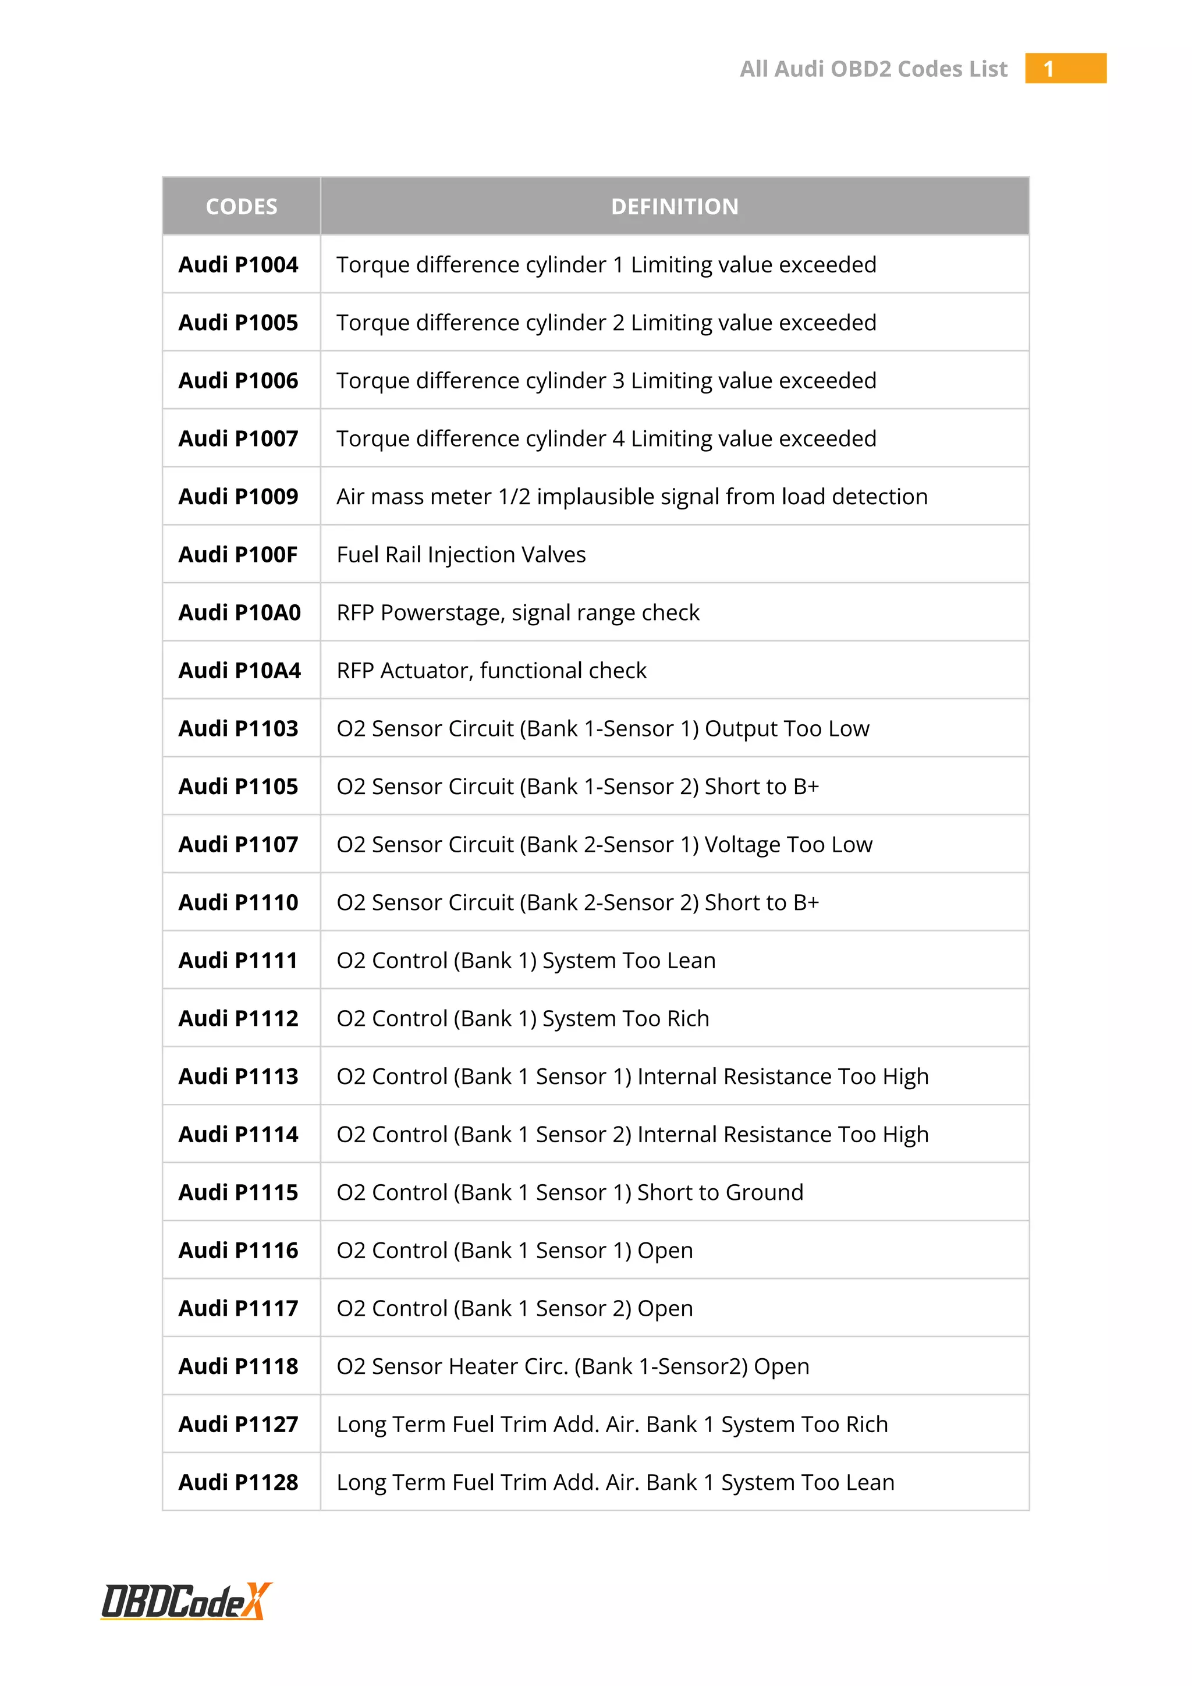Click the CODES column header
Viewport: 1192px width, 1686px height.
coord(242,206)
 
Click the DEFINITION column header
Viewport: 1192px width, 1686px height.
coord(675,206)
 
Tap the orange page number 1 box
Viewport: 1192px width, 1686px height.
coord(1065,68)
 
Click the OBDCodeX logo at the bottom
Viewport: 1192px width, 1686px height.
coord(186,1602)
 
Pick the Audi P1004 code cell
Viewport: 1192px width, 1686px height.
coord(239,264)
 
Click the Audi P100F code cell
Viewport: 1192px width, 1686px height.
coord(239,554)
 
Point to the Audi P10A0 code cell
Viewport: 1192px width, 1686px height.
coord(239,612)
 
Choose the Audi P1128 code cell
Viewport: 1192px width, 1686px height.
coord(239,1482)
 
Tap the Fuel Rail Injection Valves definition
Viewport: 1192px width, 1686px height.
coord(461,554)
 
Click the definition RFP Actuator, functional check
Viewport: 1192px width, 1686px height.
coord(491,671)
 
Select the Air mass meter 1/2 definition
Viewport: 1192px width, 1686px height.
coord(632,497)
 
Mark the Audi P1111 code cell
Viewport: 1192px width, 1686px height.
coord(239,961)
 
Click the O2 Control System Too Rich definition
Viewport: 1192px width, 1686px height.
coord(523,1018)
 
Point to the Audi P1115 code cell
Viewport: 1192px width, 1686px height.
coord(239,1192)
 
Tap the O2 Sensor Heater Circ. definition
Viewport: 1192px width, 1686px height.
coord(573,1366)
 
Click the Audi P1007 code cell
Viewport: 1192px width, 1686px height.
coord(239,438)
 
